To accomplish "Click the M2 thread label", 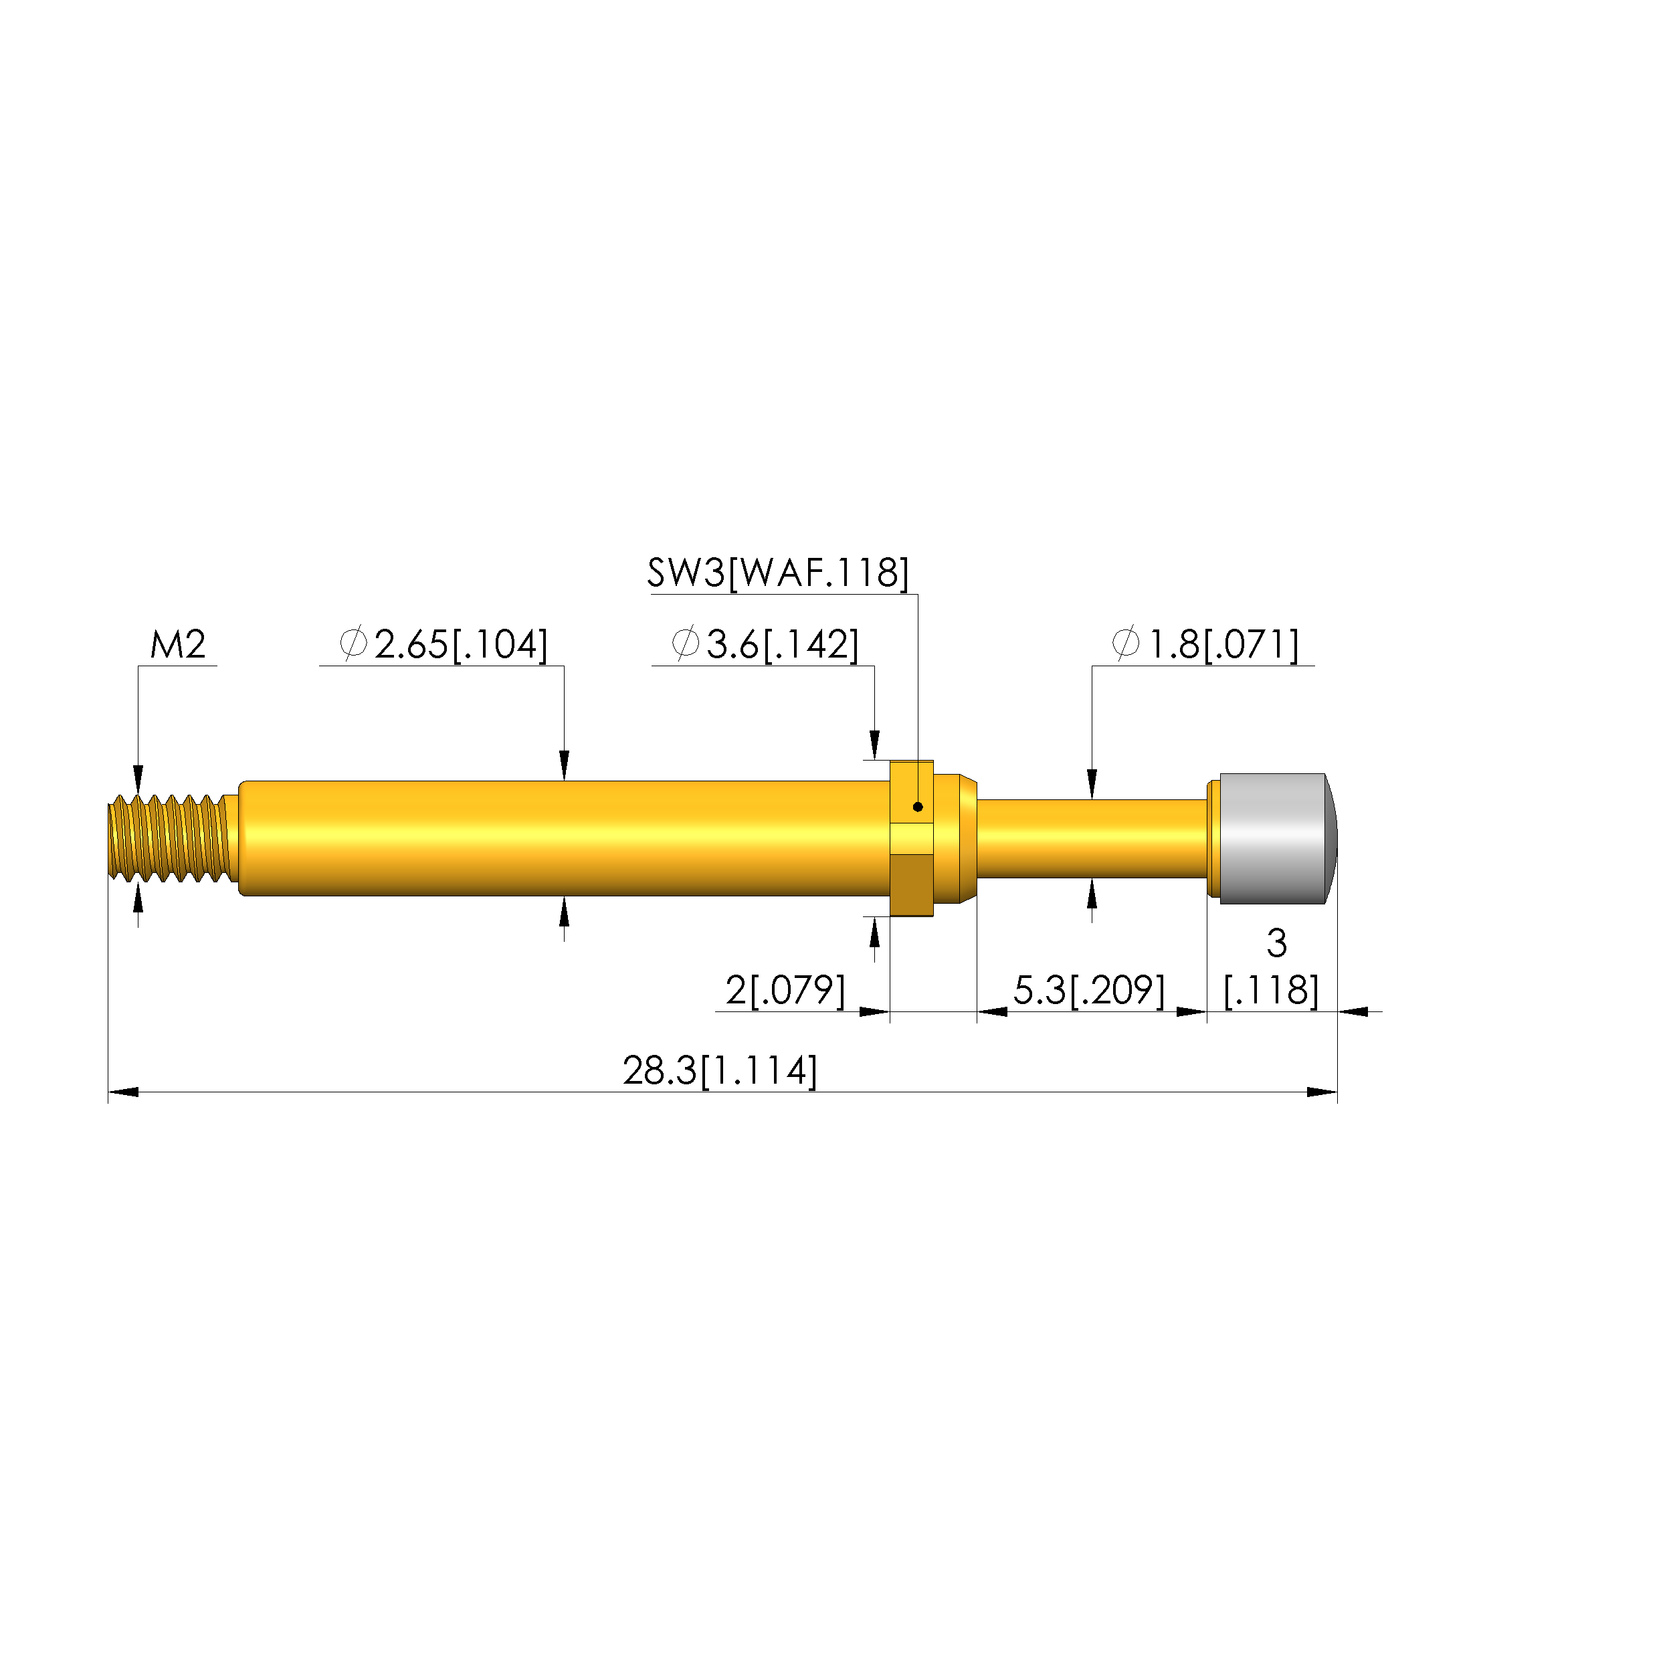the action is click(x=178, y=644).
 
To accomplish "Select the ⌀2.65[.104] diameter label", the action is click(x=443, y=644).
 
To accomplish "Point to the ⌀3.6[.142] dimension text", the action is click(x=765, y=644).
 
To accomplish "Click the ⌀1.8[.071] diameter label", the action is click(x=1205, y=644).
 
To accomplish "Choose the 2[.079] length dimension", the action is click(x=785, y=990).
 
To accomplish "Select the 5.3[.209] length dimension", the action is click(x=1089, y=990).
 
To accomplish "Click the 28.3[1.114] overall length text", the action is click(x=720, y=1071).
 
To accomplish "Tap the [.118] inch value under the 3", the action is click(x=1271, y=990).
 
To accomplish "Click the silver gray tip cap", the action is click(x=1277, y=838).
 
